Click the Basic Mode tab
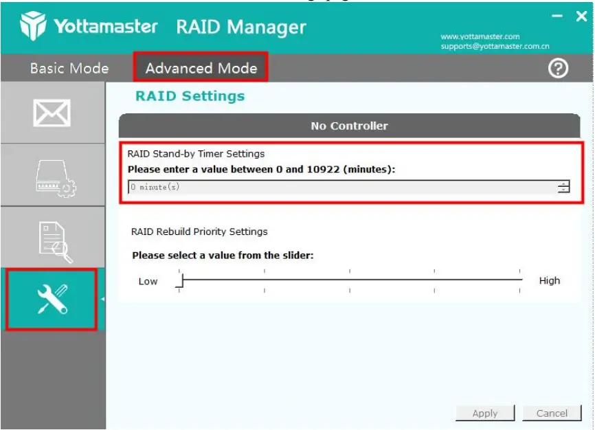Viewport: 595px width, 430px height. point(69,68)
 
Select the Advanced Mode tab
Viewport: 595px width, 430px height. point(201,68)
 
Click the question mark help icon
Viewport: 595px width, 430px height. point(558,68)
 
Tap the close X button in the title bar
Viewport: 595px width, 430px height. point(581,16)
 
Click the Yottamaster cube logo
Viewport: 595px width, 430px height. point(33,27)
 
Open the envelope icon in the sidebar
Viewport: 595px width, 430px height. point(52,113)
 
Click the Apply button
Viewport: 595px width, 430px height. point(485,413)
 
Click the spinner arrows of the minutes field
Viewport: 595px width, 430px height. point(563,187)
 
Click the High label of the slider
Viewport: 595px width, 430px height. point(549,280)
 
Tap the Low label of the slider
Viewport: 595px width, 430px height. point(148,281)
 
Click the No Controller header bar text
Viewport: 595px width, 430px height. point(349,126)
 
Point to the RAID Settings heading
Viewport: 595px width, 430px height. point(190,95)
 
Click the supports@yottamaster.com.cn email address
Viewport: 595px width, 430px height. point(495,47)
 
